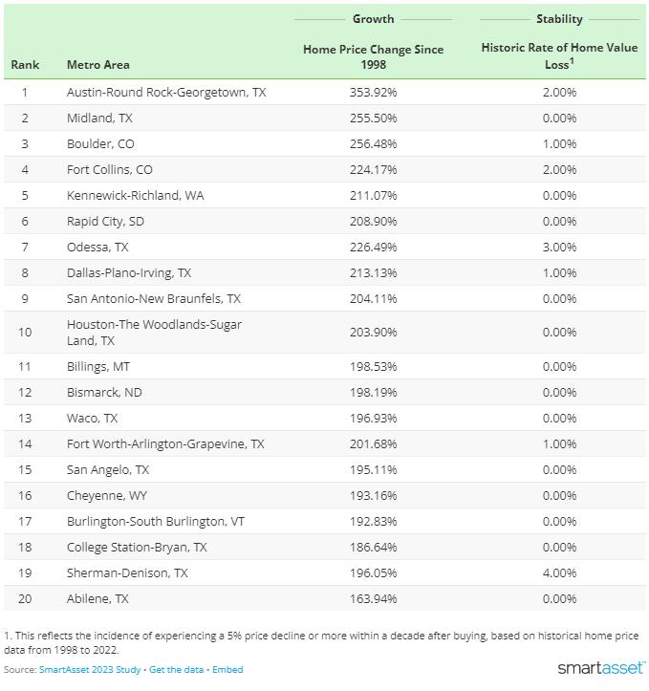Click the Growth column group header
coord(373,19)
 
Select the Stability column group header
coord(559,19)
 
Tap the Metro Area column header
coord(97,65)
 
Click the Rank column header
coord(25,65)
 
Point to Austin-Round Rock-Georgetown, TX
coord(166,93)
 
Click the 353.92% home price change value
coord(373,93)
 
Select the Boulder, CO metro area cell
coord(100,144)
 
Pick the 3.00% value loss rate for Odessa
coord(559,247)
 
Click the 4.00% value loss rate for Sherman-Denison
coord(559,573)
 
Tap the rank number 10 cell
coord(25,333)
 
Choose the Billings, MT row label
coord(98,367)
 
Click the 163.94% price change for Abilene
coord(373,599)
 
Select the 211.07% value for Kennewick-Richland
coord(373,196)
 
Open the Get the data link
coord(177,670)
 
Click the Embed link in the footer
coord(227,670)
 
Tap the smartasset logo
coord(600,667)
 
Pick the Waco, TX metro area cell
coord(93,419)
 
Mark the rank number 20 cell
coord(25,599)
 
